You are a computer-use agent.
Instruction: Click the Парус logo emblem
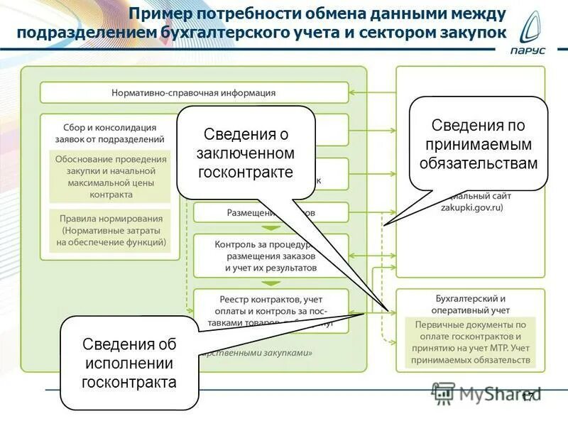pyautogui.click(x=533, y=28)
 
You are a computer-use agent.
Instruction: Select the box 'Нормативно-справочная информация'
pyautogui.click(x=194, y=92)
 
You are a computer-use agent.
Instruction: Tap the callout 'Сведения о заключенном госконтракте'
pyautogui.click(x=245, y=153)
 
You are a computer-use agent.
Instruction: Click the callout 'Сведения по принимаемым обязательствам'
pyautogui.click(x=479, y=144)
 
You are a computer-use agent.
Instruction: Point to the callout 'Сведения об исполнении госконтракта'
pyautogui.click(x=129, y=363)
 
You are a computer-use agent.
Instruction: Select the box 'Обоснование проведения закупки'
pyautogui.click(x=111, y=176)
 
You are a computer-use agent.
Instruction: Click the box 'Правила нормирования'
pyautogui.click(x=111, y=230)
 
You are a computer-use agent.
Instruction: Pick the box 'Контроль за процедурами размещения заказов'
pyautogui.click(x=271, y=256)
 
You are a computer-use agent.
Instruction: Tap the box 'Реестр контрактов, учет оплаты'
pyautogui.click(x=271, y=310)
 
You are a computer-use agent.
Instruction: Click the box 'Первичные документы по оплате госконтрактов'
pyautogui.click(x=471, y=342)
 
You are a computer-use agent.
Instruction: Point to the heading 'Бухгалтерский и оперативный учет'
pyautogui.click(x=471, y=304)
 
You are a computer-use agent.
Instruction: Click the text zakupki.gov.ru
pyautogui.click(x=471, y=207)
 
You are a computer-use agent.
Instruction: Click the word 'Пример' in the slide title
pyautogui.click(x=160, y=13)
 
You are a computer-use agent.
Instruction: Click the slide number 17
pyautogui.click(x=528, y=398)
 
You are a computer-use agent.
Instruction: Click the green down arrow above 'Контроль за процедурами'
pyautogui.click(x=271, y=228)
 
